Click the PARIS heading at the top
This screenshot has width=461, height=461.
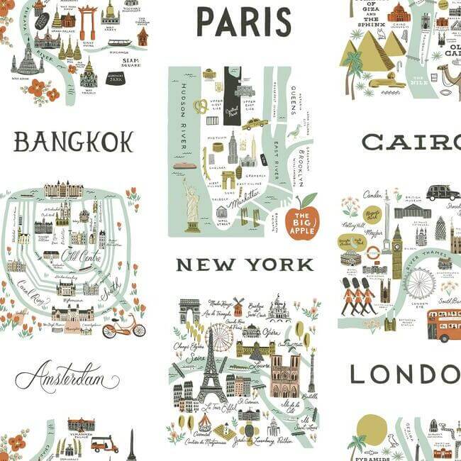tap(243, 21)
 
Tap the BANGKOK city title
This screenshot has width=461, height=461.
tap(74, 142)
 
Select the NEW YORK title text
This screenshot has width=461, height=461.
tap(245, 265)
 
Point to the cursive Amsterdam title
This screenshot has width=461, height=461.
tap(67, 377)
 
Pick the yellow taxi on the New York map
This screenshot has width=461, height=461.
tap(254, 124)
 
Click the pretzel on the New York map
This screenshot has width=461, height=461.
tap(201, 106)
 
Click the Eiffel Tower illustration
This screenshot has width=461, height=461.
tap(211, 369)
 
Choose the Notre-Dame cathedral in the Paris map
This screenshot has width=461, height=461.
tap(284, 375)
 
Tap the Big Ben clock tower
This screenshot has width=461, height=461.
tap(396, 252)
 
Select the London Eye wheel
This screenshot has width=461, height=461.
tap(421, 284)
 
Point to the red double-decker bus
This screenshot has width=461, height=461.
tap(443, 326)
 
